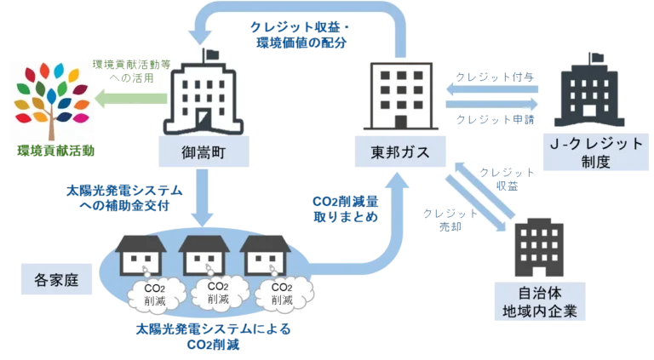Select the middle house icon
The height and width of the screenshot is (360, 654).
[205, 253]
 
